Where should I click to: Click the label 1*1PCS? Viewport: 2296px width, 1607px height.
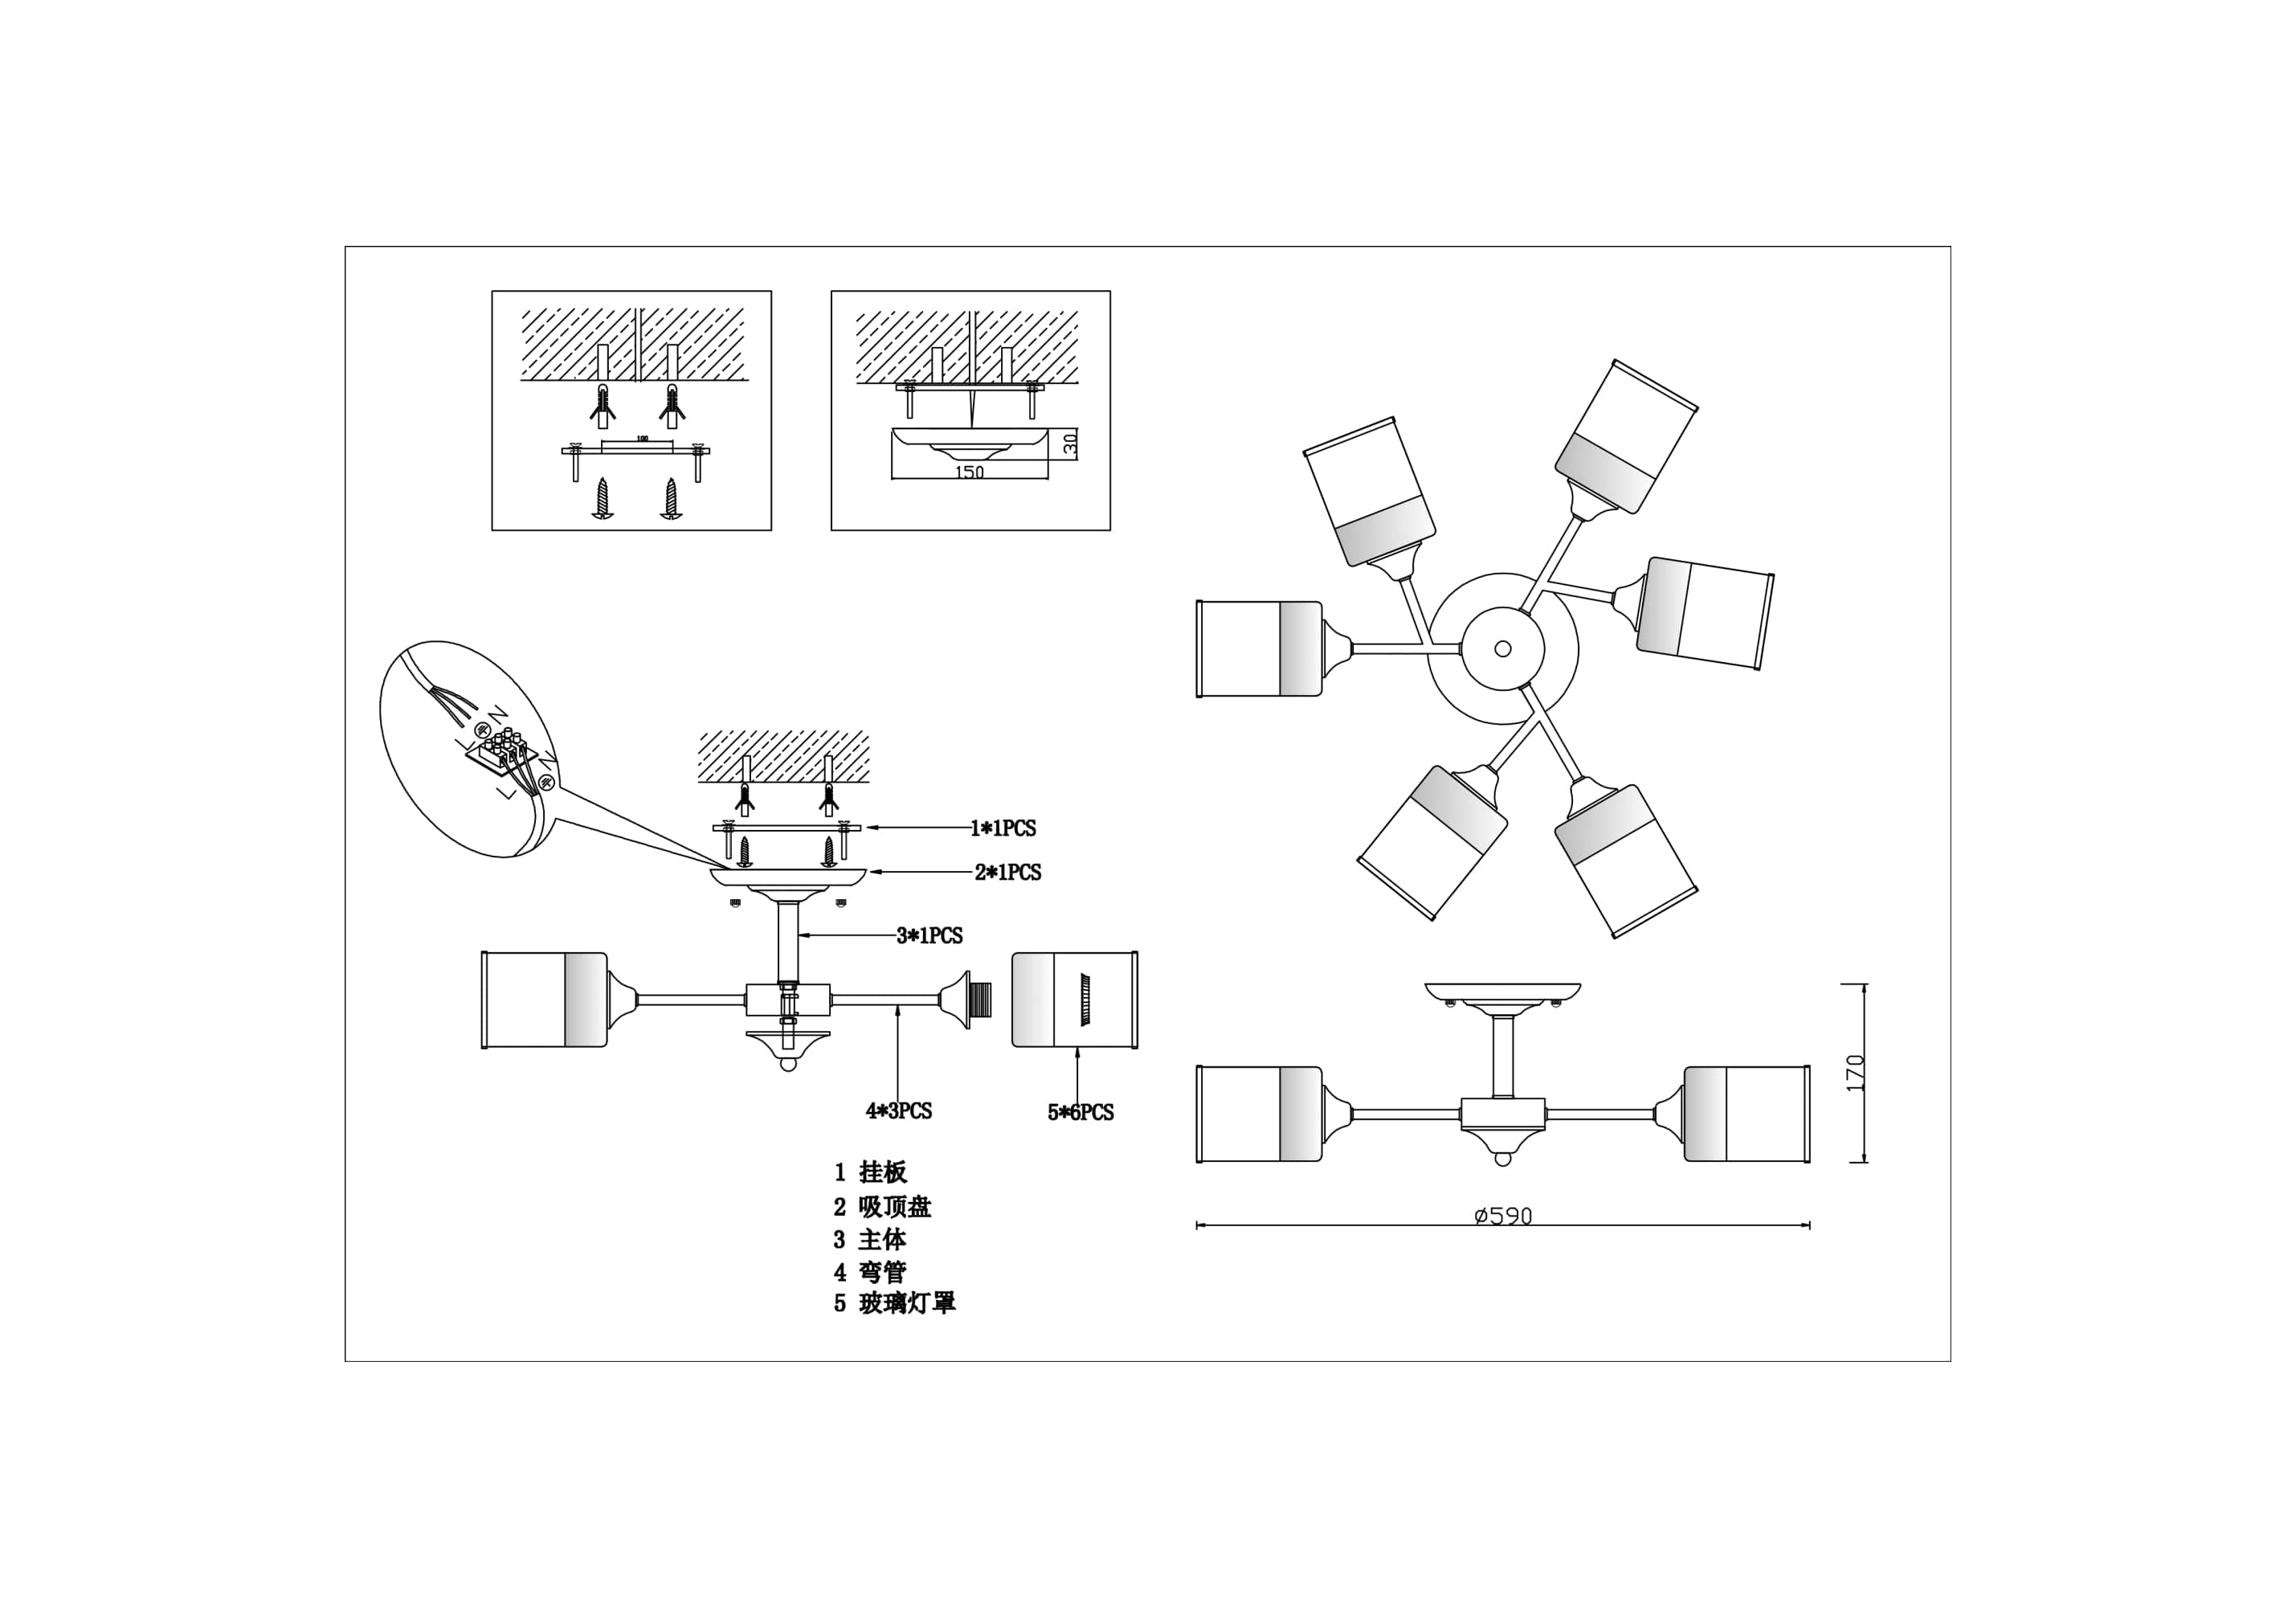click(1003, 828)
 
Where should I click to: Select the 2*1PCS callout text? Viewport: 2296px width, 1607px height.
click(1008, 872)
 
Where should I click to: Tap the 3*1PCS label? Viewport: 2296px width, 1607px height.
click(929, 936)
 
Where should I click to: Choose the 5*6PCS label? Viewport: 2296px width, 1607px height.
click(1080, 1112)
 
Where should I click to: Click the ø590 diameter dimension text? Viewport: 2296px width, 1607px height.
click(1503, 1216)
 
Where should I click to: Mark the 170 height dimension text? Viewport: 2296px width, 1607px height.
click(1856, 1073)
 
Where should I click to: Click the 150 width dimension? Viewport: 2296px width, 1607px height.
click(969, 472)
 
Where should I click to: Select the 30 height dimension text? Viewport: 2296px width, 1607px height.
click(1070, 445)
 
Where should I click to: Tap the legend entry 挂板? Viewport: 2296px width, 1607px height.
click(882, 1172)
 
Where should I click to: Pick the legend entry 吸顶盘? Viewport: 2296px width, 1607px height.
click(894, 1207)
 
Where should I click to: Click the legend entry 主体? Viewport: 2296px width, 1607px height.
click(882, 1240)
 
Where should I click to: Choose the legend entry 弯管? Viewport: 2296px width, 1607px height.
click(882, 1272)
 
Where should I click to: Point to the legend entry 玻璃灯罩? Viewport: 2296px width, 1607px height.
click(907, 1303)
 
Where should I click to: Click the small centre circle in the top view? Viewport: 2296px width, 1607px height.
click(1502, 649)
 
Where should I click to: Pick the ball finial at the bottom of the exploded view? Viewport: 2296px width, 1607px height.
click(788, 1064)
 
